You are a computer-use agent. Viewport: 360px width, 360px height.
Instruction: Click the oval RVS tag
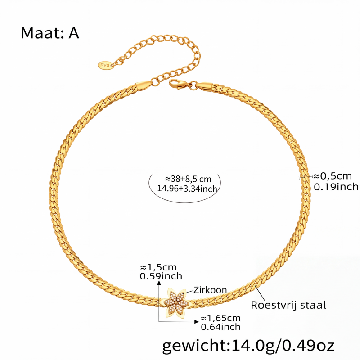pyautogui.click(x=106, y=65)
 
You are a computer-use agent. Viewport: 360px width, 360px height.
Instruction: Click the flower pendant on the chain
pyautogui.click(x=176, y=302)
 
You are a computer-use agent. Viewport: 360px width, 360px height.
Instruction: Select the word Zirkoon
pyautogui.click(x=210, y=290)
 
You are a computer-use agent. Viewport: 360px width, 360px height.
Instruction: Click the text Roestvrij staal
pyautogui.click(x=288, y=305)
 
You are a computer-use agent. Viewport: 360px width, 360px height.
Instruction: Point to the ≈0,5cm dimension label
pyautogui.click(x=333, y=176)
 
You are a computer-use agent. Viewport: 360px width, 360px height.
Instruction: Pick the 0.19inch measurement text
pyautogui.click(x=336, y=187)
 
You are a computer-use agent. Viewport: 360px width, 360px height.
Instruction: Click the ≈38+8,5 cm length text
pyautogui.click(x=188, y=179)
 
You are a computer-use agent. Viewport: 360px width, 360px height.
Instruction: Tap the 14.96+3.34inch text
pyautogui.click(x=187, y=189)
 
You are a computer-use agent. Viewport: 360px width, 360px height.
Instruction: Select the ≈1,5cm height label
pyautogui.click(x=158, y=267)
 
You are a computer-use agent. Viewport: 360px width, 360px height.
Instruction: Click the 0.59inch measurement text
pyautogui.click(x=161, y=276)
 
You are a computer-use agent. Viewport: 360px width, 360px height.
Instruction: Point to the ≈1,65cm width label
pyautogui.click(x=220, y=318)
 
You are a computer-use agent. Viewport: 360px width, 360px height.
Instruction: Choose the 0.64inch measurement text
pyautogui.click(x=220, y=327)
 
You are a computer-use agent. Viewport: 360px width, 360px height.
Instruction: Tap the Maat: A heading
pyautogui.click(x=50, y=33)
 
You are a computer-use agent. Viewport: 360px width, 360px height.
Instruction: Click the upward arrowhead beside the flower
pyautogui.click(x=159, y=282)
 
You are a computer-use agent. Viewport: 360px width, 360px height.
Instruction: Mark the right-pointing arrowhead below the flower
pyautogui.click(x=197, y=321)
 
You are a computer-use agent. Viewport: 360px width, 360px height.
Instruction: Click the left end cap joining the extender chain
pyautogui.click(x=144, y=85)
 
